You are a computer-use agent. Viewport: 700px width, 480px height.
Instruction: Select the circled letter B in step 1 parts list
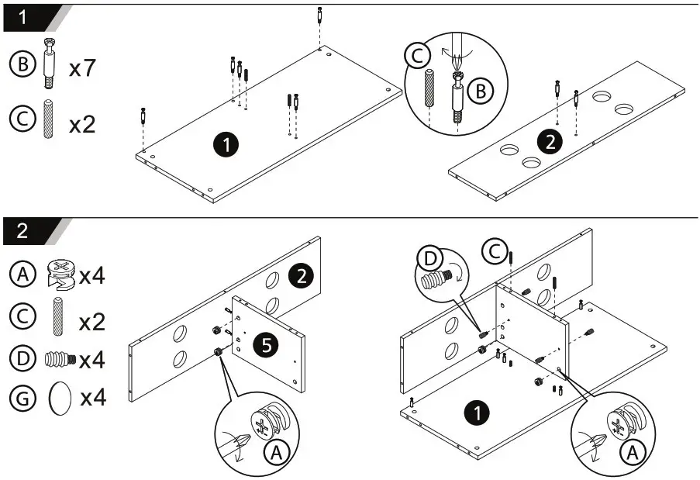(22, 65)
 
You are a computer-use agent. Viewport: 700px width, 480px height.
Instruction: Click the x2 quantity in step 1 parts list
(81, 123)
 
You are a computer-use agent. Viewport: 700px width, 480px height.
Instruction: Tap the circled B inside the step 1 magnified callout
(481, 92)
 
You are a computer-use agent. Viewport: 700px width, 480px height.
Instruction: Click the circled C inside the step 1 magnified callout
(417, 56)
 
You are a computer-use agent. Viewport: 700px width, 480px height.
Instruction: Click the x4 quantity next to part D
(93, 360)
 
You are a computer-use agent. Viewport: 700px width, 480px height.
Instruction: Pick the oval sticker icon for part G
(60, 399)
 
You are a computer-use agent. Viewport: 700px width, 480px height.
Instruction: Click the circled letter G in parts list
(22, 399)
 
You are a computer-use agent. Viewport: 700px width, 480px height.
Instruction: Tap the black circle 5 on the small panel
(266, 346)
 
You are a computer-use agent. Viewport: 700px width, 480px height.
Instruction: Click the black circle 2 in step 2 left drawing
(299, 274)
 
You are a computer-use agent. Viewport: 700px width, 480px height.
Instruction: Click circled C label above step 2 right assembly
(493, 251)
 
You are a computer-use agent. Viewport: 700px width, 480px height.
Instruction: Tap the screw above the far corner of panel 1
(320, 16)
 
